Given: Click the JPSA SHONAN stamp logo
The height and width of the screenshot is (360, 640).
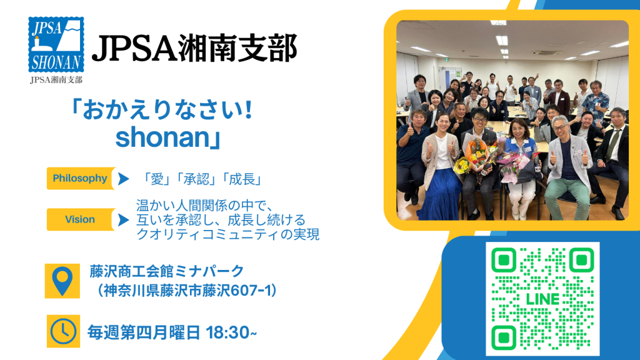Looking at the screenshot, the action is coord(56,44).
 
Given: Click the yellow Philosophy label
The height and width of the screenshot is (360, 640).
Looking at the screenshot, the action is coord(81,178).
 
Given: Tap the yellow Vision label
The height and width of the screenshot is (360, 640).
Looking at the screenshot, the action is coord(81,219).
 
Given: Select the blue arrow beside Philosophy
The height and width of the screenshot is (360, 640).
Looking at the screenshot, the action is coord(123,178).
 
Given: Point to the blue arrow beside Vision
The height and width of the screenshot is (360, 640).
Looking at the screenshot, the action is coord(123,219).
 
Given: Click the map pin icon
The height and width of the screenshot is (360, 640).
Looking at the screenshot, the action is coord(62,281).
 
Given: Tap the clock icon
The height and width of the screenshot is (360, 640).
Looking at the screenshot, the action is coord(63,331).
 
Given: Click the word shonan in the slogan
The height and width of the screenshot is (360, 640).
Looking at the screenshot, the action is coord(162,137).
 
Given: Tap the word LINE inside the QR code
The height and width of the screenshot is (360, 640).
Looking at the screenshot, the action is coord(542,299).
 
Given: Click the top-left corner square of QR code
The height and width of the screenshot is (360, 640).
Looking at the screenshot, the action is coord(504,260).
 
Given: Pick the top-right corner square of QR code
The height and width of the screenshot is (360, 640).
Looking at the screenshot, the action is coord(581,260).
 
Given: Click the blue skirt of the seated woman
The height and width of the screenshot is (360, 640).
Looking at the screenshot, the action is coord(439,195).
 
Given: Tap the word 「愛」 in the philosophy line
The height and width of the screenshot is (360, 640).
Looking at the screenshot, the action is coord(157,179).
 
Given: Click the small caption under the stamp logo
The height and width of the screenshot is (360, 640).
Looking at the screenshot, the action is coord(56,79).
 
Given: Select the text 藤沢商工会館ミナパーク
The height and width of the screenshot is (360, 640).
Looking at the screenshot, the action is coord(167,271).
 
